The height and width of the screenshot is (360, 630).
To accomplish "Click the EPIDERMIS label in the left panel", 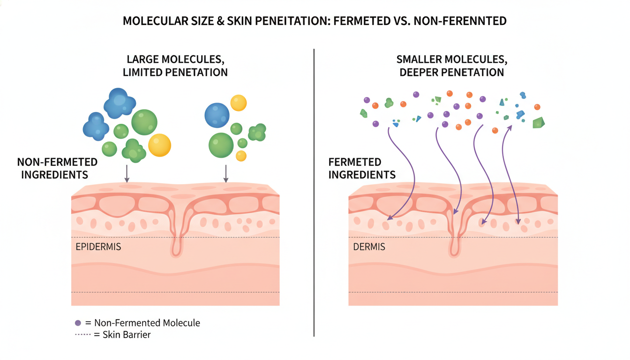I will coord(98,247).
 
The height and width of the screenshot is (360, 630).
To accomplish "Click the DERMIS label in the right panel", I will coord(369,247).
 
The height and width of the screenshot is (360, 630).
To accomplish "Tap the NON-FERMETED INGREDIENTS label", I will coord(57,168).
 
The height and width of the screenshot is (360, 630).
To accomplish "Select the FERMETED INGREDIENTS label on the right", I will coord(362,168).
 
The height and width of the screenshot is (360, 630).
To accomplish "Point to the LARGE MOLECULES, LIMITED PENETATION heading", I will coord(177,66).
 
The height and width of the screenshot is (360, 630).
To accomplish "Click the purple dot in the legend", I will coord(78,323).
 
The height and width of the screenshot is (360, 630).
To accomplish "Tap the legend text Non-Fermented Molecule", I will coord(147,323).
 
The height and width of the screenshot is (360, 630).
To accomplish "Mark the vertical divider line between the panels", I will coord(314,192).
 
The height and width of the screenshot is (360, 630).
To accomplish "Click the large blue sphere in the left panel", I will coord(217,115).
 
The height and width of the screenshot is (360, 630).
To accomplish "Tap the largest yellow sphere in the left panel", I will coord(159,145).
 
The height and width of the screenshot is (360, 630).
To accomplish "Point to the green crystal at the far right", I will coord(539,123).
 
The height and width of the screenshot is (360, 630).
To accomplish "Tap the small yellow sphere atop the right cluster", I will coord(239,103).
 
